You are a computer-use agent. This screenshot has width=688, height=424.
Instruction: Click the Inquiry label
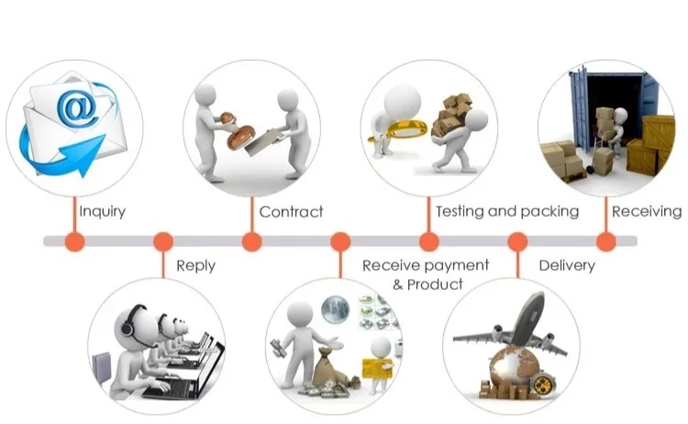102,212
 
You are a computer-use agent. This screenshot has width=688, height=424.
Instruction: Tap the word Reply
195,265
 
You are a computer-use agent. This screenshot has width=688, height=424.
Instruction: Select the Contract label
291,212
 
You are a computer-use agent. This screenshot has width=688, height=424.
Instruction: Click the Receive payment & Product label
425,274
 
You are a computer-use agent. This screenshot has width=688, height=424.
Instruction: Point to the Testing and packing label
506,211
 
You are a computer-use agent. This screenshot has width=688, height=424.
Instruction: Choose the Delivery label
566,265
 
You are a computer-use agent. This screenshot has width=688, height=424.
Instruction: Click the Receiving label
646,211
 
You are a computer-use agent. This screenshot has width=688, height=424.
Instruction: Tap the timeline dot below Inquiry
74,241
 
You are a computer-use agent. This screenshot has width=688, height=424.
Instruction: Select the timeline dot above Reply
163,241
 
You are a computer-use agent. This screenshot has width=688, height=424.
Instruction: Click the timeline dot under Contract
251,241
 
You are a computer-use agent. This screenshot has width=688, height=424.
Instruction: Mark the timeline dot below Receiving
605,241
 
